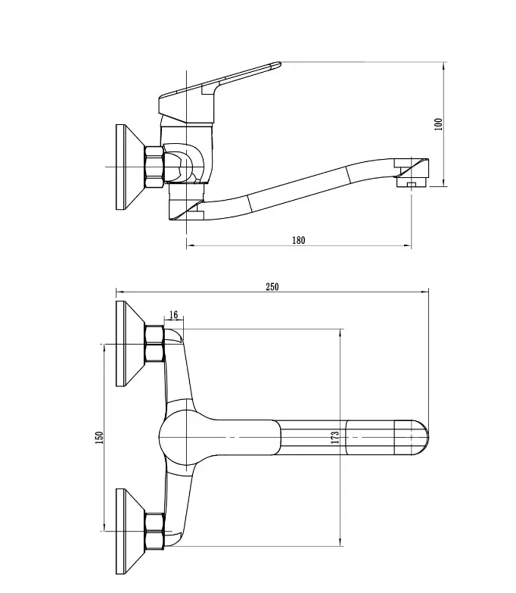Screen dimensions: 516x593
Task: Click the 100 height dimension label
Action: pos(438,124)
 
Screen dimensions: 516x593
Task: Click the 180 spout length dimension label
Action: pos(298,241)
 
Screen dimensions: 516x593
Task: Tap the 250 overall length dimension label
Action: pos(272,287)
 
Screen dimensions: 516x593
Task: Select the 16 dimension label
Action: pos(173,314)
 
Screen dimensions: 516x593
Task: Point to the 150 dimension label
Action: pos(99,438)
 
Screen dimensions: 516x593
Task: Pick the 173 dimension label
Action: pos(335,438)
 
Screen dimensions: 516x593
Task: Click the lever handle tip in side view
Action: pos(278,64)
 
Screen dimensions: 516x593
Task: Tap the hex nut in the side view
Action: pos(154,167)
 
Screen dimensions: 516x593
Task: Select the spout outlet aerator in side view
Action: pos(412,183)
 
